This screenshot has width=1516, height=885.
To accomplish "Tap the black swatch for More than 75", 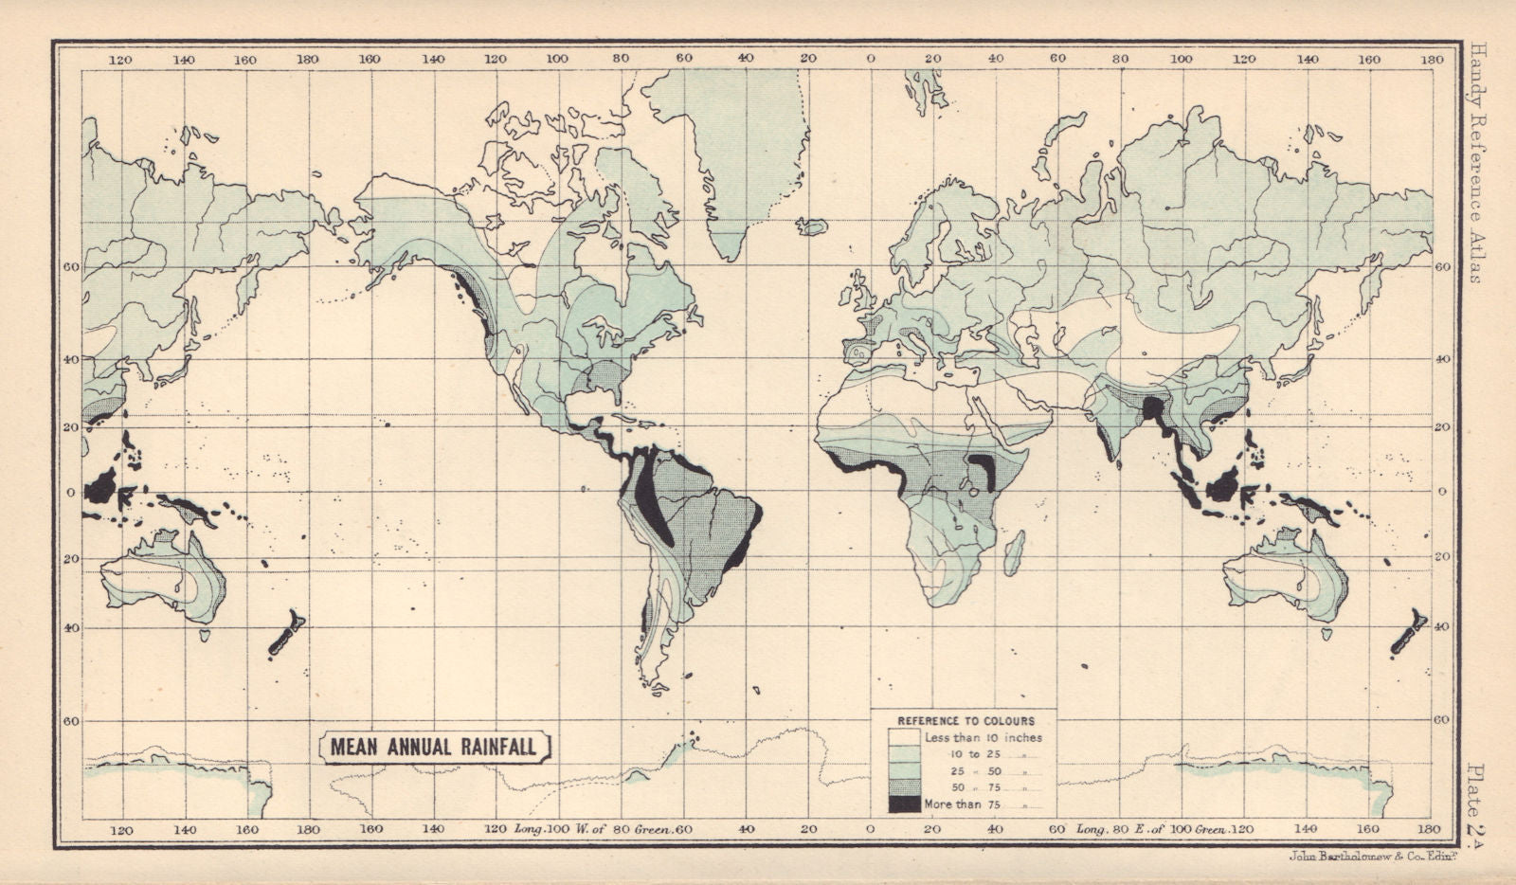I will (x=905, y=804).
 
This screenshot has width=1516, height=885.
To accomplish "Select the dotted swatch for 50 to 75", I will (x=905, y=787).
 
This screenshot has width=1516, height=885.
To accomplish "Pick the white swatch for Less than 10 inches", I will (x=905, y=737).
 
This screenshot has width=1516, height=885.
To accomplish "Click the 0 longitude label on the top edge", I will (x=871, y=59).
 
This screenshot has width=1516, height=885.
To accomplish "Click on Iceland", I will (x=813, y=226).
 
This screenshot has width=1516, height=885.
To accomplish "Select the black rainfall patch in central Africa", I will (x=984, y=470).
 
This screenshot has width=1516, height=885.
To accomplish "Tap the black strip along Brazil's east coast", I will (x=749, y=540).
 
